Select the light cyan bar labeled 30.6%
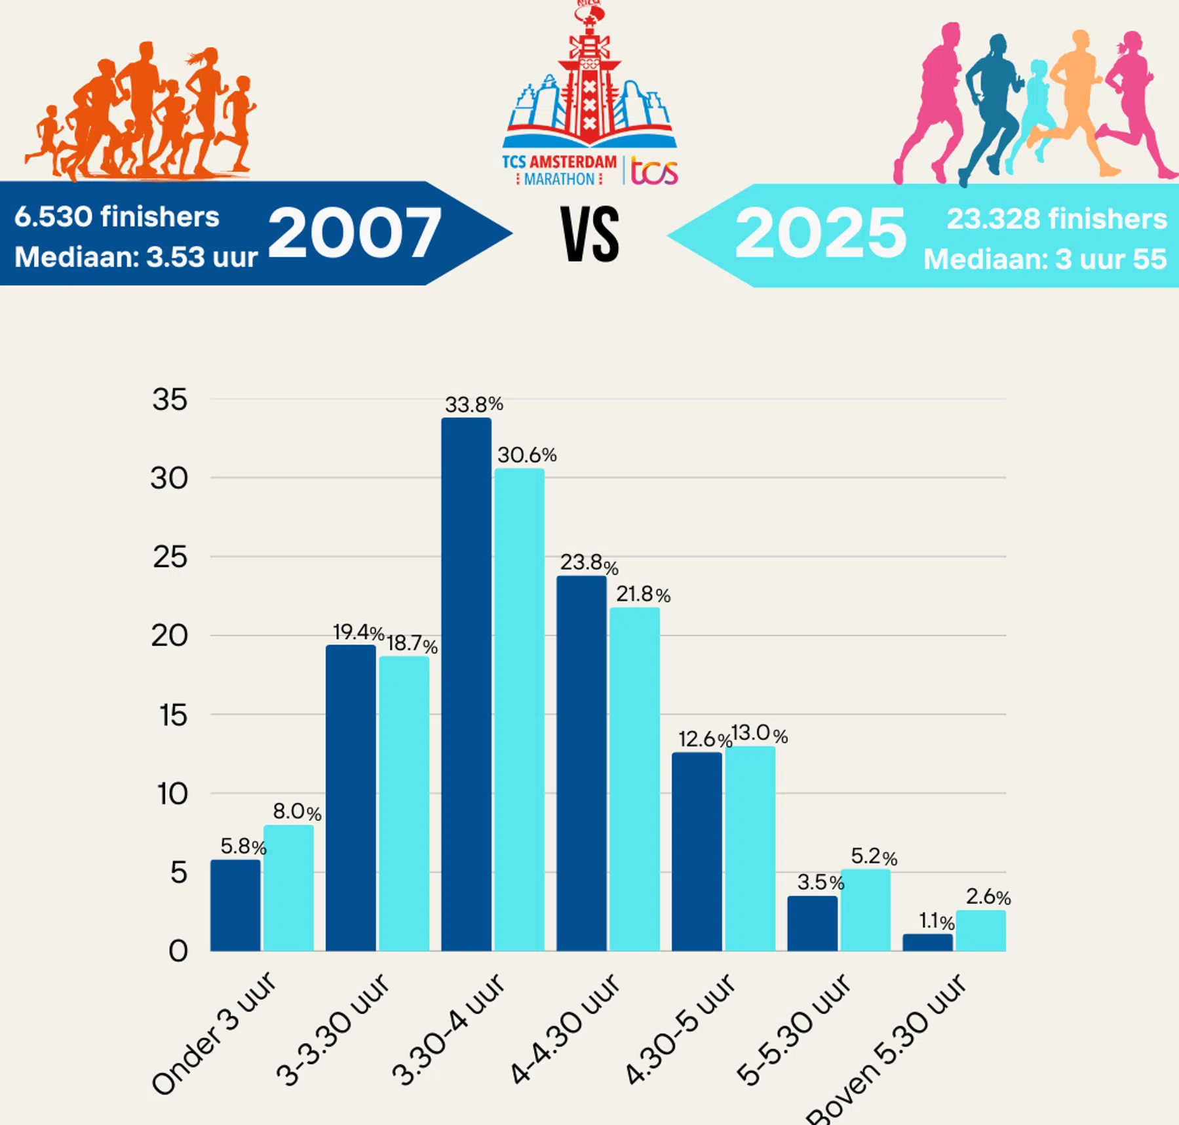coord(519,709)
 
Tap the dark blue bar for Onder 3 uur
coord(235,905)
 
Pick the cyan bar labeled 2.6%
coord(980,930)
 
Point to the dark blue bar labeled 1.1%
coord(927,942)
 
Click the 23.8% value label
coord(589,563)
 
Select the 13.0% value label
coord(759,734)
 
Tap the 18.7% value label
coord(412,644)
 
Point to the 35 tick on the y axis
coord(170,399)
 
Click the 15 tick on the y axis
coord(173,715)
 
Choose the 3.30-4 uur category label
coord(449,1029)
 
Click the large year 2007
coord(355,233)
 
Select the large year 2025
coord(821,233)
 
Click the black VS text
coord(590,234)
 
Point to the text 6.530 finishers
coord(117,217)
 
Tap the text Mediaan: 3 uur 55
coord(1045,260)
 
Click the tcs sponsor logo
coord(653,171)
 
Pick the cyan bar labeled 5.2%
coord(865,910)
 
